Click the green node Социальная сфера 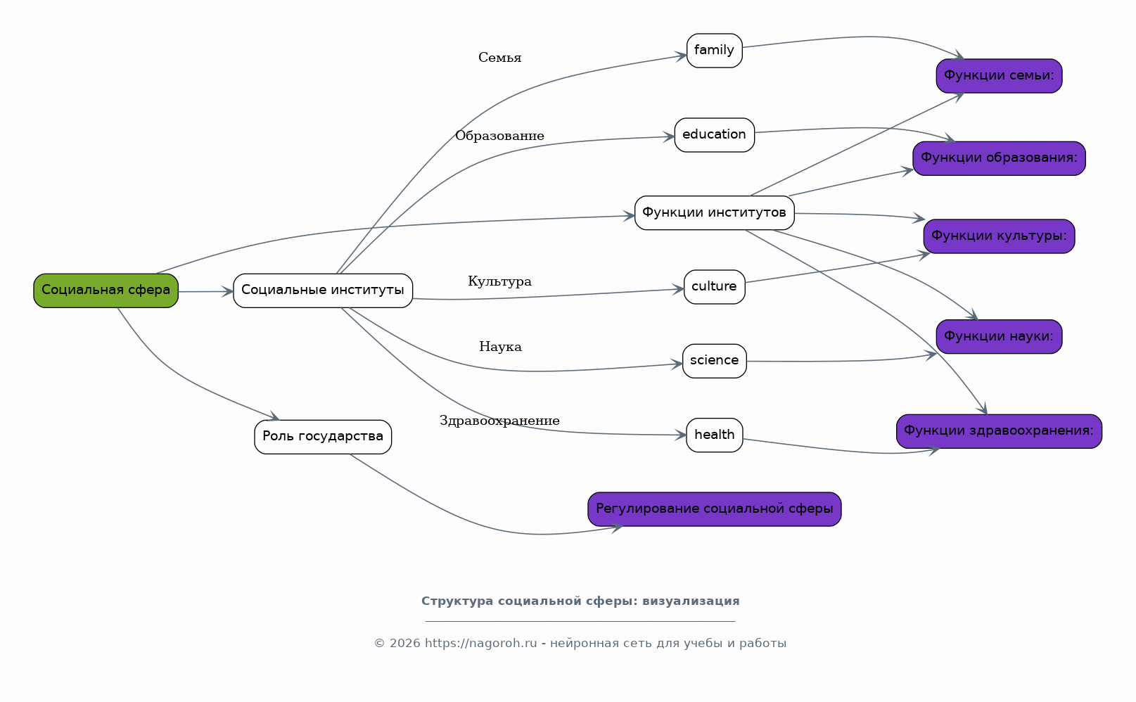pyautogui.click(x=106, y=291)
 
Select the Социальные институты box pyautogui.click(x=323, y=291)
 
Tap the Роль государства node pyautogui.click(x=323, y=437)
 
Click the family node pyautogui.click(x=714, y=51)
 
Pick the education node pyautogui.click(x=714, y=135)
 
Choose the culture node pyautogui.click(x=714, y=287)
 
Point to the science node pyautogui.click(x=714, y=361)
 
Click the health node pyautogui.click(x=714, y=435)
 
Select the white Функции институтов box pyautogui.click(x=714, y=213)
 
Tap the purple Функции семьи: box pyautogui.click(x=999, y=76)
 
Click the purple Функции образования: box pyautogui.click(x=999, y=158)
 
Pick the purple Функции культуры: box pyautogui.click(x=999, y=236)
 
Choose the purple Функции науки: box pyautogui.click(x=999, y=337)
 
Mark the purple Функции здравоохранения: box pyautogui.click(x=999, y=431)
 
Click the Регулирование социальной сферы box pyautogui.click(x=714, y=509)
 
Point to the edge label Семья pyautogui.click(x=499, y=58)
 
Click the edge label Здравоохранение pyautogui.click(x=499, y=421)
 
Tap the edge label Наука pyautogui.click(x=500, y=347)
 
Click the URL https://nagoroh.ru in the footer pyautogui.click(x=480, y=643)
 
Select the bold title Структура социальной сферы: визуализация pyautogui.click(x=580, y=601)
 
